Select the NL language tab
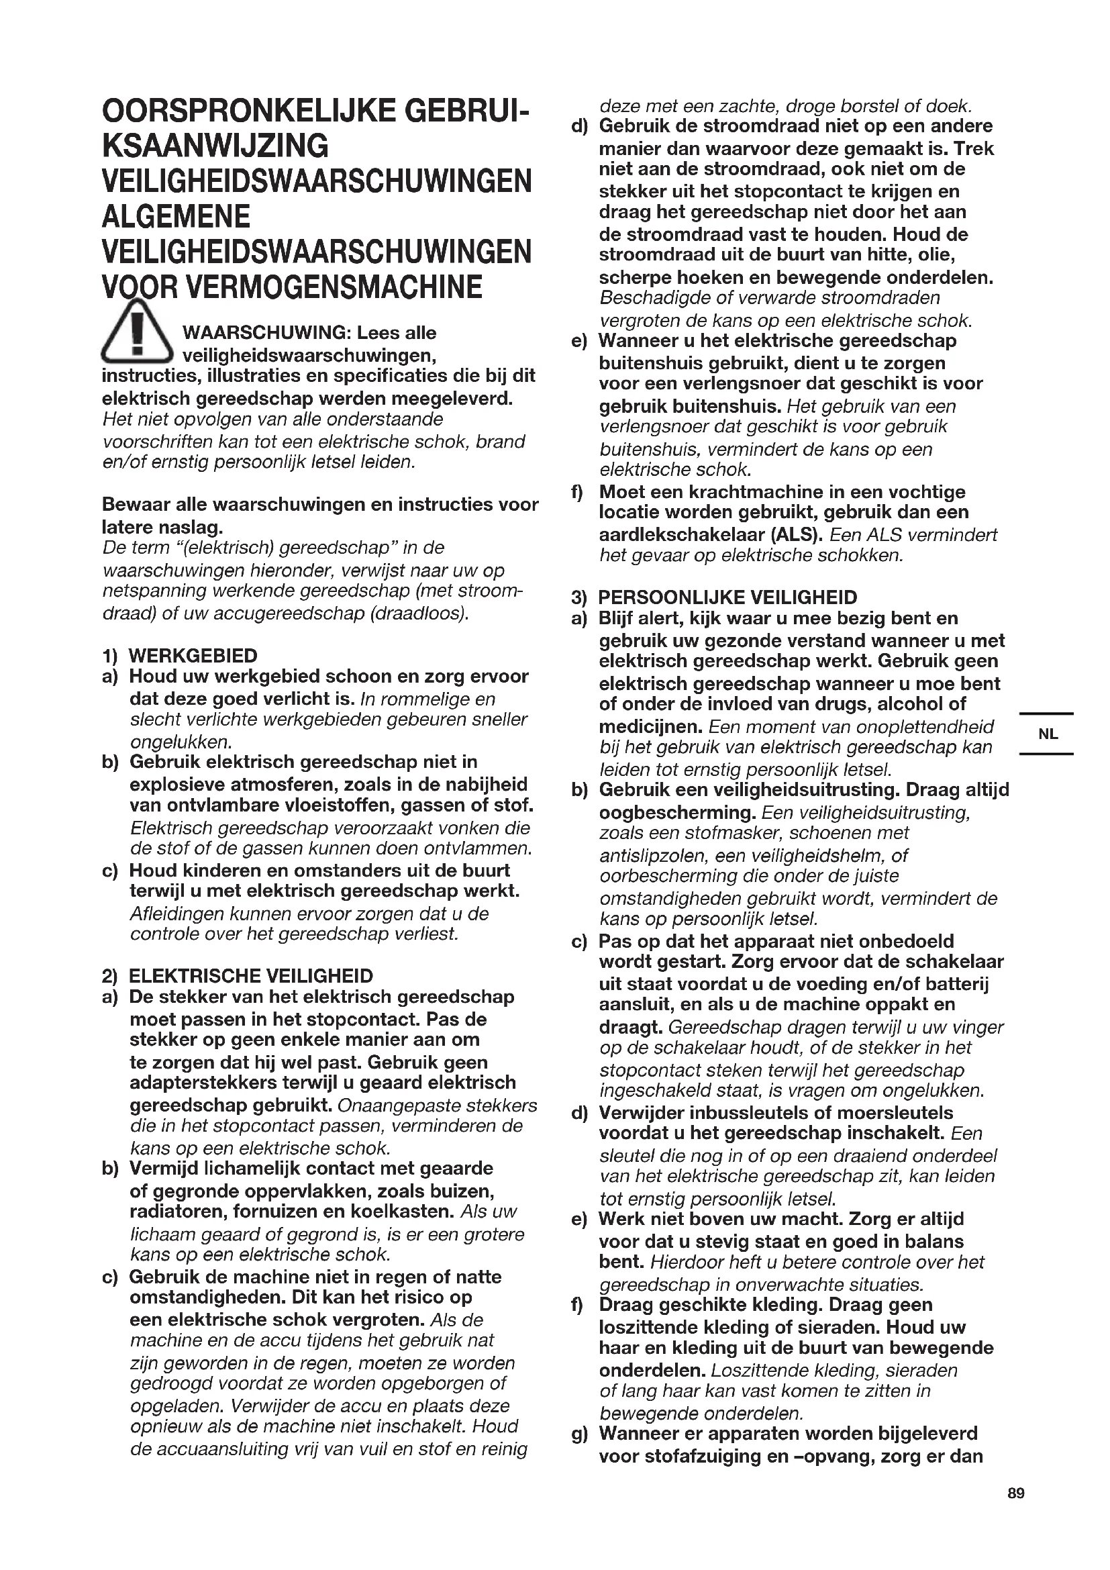1047,734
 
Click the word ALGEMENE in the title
176,217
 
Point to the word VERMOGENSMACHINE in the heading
334,287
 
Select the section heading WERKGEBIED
193,656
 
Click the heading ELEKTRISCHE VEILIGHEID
251,976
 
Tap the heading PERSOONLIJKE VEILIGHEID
727,597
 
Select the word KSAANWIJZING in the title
215,146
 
